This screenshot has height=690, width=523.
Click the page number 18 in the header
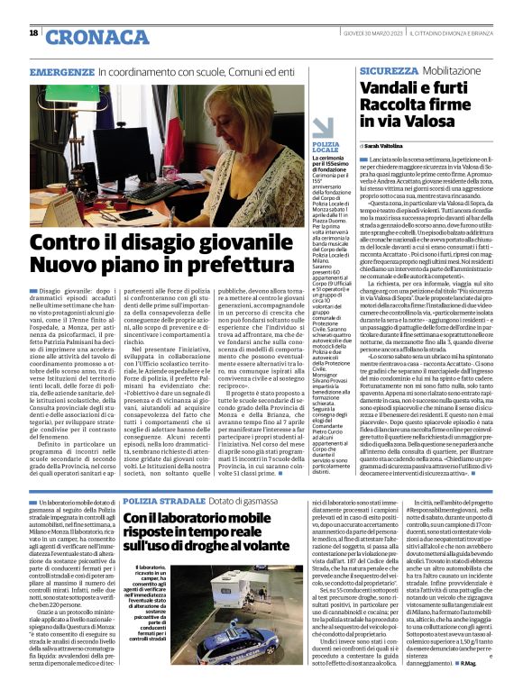tap(33, 33)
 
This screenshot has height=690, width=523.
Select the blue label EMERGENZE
tap(62, 71)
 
